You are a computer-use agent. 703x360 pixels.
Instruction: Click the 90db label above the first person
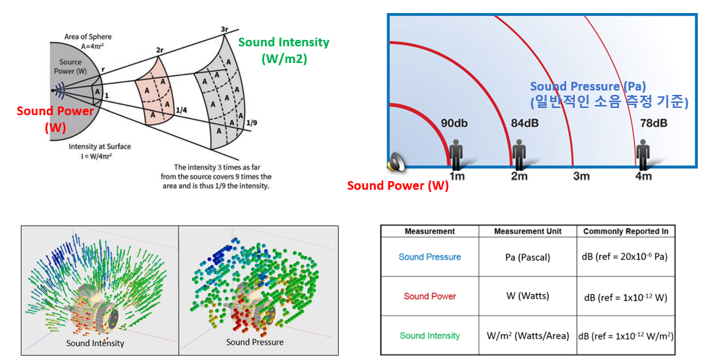tap(455, 122)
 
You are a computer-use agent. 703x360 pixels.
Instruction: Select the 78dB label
tap(653, 122)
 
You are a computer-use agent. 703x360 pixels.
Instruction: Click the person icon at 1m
tap(456, 154)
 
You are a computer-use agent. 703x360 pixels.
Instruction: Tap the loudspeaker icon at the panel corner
tap(396, 163)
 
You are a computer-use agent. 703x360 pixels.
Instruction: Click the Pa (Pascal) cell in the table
tap(527, 256)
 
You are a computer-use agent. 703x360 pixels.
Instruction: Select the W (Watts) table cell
tap(527, 296)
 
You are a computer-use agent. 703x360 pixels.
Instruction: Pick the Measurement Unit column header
tap(527, 231)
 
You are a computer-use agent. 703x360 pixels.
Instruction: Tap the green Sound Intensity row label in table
tap(429, 335)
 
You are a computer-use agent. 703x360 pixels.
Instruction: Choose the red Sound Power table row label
tap(429, 296)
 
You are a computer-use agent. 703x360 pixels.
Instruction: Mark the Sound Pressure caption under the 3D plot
tap(255, 342)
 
